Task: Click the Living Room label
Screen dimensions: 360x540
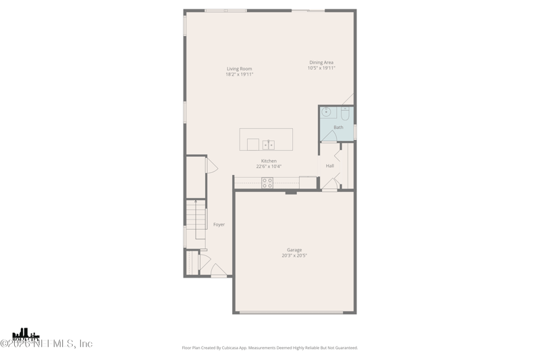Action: click(239, 69)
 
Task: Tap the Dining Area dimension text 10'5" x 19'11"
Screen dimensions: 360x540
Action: click(321, 68)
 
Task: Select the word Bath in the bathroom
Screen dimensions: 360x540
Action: click(338, 128)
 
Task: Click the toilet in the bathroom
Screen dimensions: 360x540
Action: click(345, 113)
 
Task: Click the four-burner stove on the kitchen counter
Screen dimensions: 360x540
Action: click(267, 182)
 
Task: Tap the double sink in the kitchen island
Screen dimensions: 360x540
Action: click(268, 145)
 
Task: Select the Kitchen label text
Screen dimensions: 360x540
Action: click(269, 161)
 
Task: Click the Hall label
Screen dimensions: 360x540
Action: click(329, 165)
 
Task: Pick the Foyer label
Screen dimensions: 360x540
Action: click(219, 224)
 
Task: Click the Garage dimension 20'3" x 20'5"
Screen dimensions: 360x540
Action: click(294, 256)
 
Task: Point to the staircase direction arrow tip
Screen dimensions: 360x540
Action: click(196, 201)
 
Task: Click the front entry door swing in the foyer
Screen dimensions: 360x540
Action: click(218, 271)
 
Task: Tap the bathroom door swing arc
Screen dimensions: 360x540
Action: click(328, 136)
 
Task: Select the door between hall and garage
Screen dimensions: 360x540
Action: click(329, 184)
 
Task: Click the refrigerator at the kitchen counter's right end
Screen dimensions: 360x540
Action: click(308, 182)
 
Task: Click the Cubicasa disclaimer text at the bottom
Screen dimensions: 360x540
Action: click(270, 348)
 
